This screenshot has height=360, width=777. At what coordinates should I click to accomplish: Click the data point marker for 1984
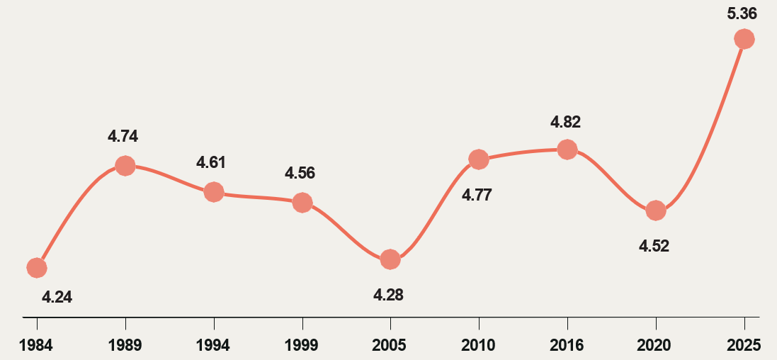(37, 267)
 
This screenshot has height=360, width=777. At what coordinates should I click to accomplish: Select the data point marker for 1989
(125, 166)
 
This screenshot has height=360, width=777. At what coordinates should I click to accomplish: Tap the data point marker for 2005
(390, 259)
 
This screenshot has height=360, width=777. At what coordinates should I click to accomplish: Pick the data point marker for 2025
(744, 38)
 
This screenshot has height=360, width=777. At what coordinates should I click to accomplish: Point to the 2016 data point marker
(567, 149)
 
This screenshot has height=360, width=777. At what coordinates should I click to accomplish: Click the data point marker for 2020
(656, 210)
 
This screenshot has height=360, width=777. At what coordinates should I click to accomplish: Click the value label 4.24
(57, 298)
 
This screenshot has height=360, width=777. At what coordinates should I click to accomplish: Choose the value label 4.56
(300, 173)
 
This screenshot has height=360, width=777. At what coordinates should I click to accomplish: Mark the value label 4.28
(388, 295)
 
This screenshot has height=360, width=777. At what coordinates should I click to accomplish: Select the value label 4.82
(565, 122)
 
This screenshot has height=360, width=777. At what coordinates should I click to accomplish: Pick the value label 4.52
(654, 247)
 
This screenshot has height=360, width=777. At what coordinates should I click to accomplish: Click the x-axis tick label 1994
(213, 345)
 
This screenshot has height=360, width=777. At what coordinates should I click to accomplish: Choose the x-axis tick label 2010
(479, 345)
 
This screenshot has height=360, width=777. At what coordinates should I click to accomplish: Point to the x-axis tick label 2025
(744, 345)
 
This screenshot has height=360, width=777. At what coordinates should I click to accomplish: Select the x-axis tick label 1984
(36, 345)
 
